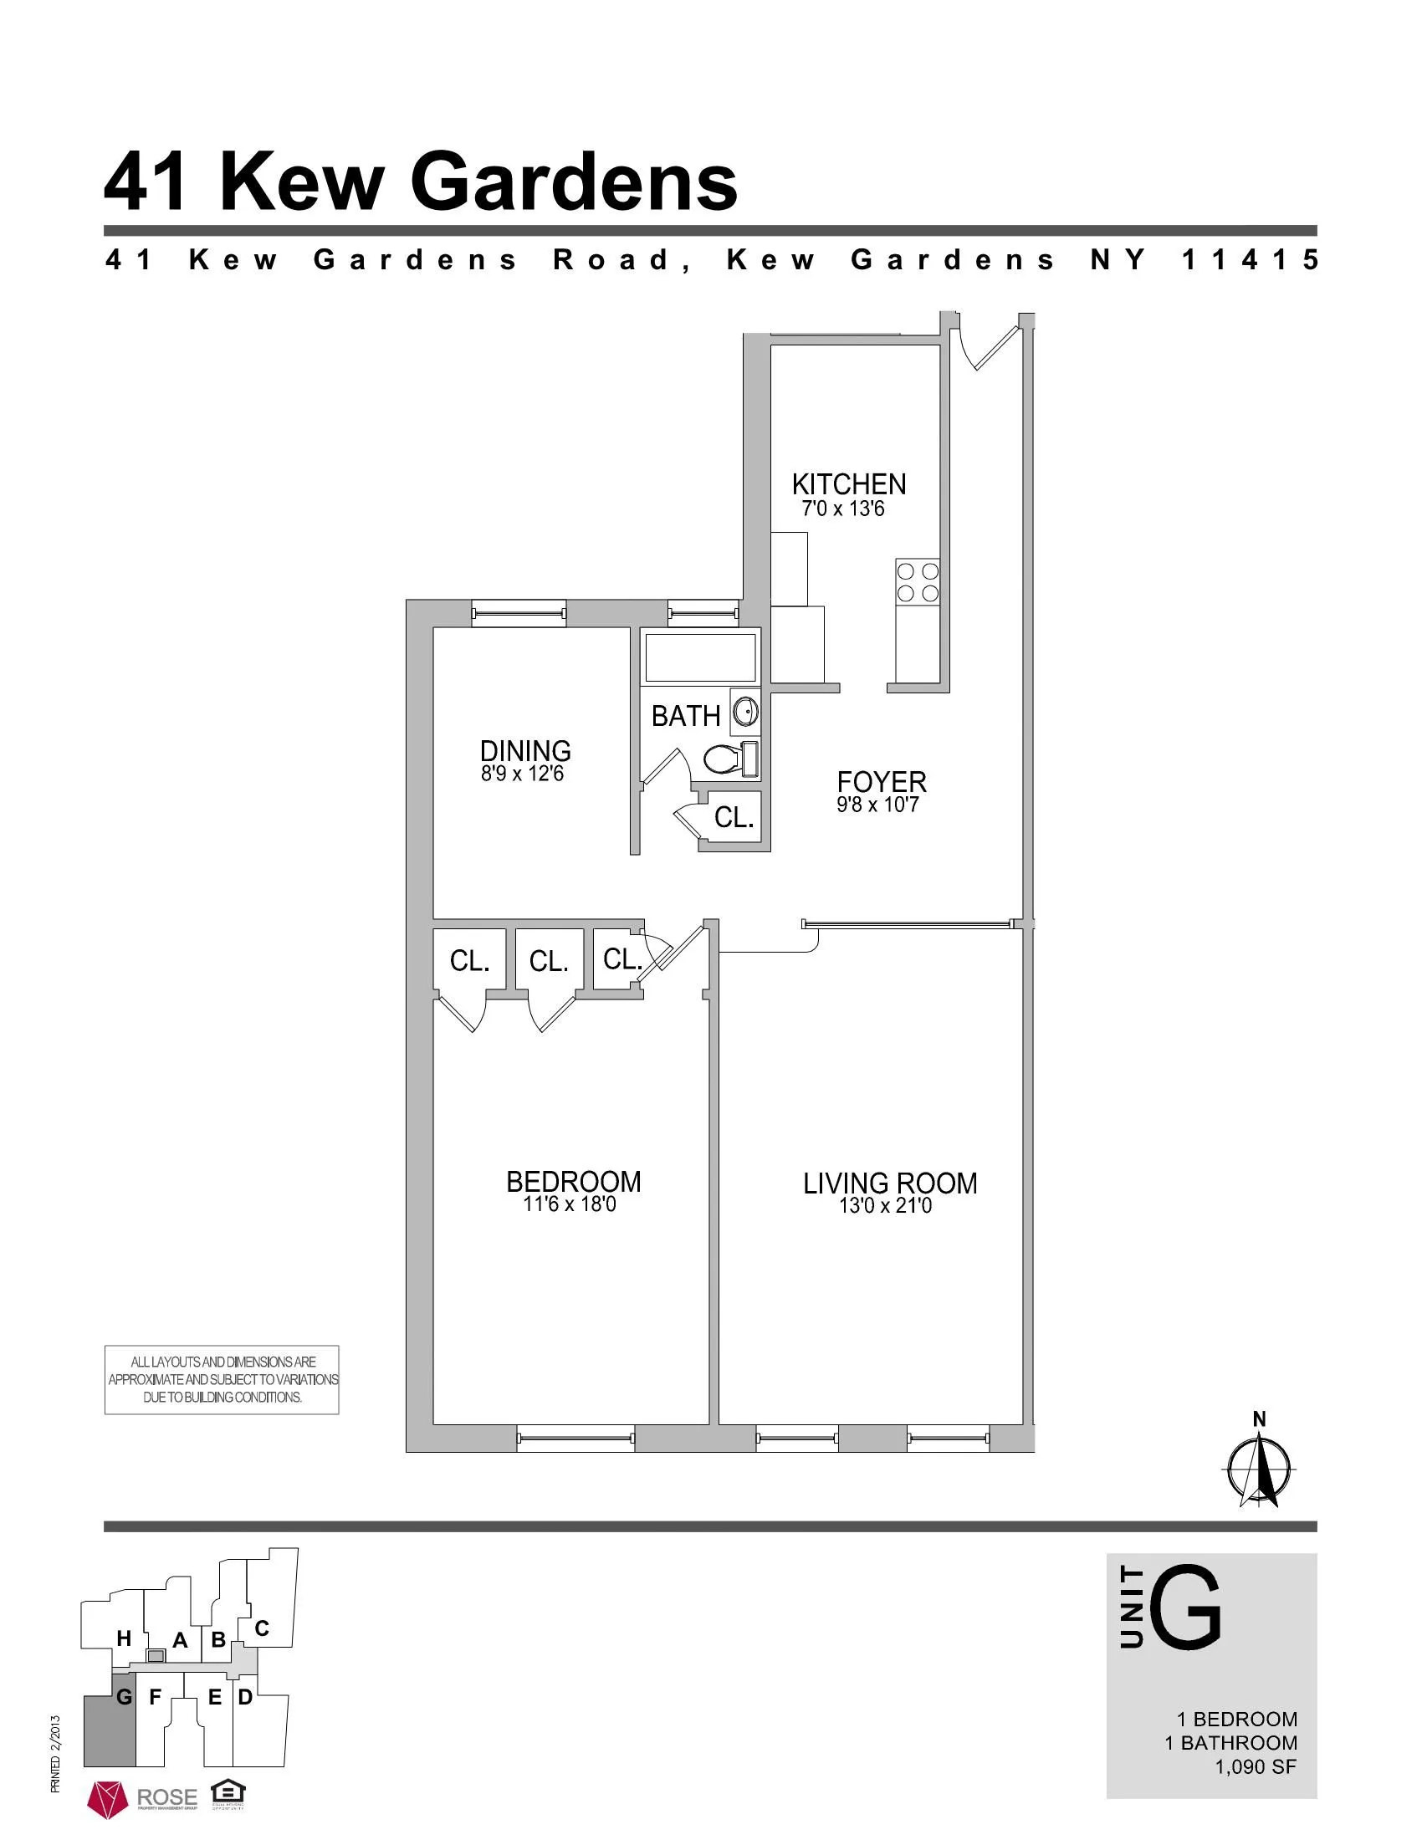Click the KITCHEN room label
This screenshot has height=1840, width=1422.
coord(848,484)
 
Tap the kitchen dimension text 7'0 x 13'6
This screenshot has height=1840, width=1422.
coord(842,509)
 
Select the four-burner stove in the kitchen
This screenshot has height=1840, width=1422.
coord(918,582)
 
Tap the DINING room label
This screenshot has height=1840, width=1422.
coord(524,751)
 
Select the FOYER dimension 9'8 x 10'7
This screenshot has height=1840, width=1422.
coord(877,805)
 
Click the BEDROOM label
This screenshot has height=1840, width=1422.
coord(573,1182)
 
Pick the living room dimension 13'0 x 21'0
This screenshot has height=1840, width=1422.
coord(884,1206)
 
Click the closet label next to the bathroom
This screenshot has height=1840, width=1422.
coord(734,817)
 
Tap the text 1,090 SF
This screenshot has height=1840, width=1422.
coord(1255,1766)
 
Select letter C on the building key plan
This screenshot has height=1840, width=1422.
coord(261,1628)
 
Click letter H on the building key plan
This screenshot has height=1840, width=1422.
coord(124,1638)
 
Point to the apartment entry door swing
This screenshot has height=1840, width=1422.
coord(987,347)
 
